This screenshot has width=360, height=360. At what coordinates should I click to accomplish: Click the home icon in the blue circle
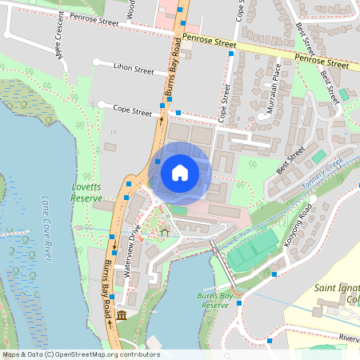[180, 172]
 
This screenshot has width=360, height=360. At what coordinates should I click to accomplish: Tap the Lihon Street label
[133, 70]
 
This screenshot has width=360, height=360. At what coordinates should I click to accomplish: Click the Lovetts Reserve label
[86, 192]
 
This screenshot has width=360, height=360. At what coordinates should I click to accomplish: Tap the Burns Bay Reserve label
[213, 301]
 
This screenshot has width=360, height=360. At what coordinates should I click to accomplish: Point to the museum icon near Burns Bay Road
[122, 318]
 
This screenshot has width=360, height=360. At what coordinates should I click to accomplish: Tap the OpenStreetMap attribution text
[80, 354]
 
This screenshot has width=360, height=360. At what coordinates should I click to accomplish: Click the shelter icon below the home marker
[165, 233]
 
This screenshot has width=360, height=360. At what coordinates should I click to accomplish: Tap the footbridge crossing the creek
[222, 260]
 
